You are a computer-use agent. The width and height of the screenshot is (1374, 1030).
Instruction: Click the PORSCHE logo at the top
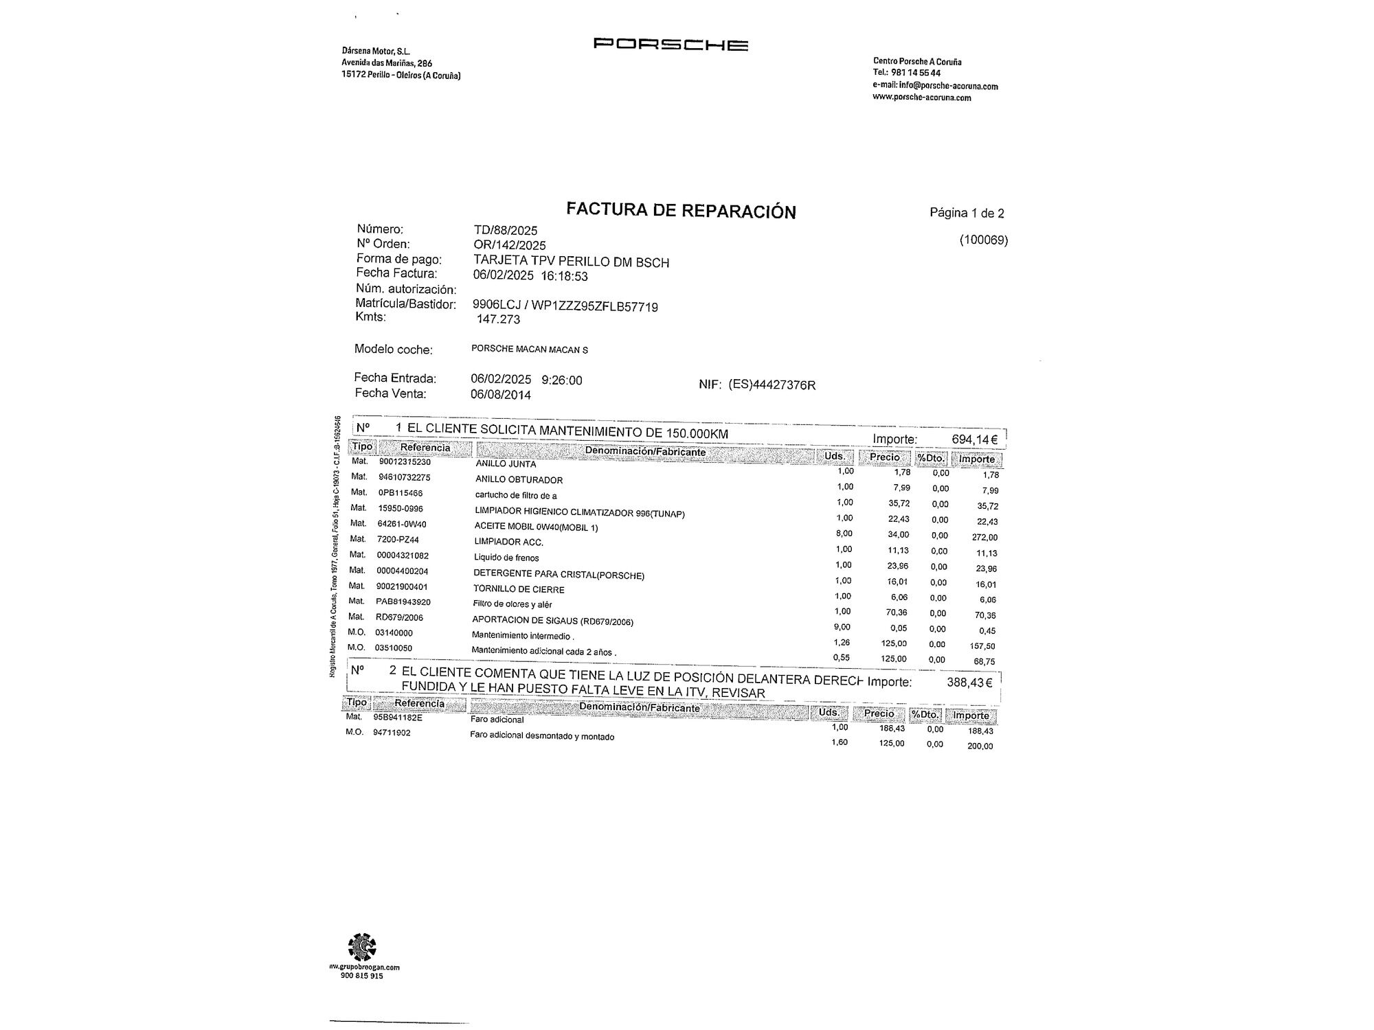coord(671,45)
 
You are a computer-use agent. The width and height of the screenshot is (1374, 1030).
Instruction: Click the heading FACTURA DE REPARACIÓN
coord(681,210)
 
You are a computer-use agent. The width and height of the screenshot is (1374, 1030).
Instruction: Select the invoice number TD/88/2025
coord(506,231)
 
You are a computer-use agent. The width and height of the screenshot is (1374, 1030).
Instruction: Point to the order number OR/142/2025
coord(510,245)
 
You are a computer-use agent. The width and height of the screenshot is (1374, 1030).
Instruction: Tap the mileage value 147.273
coord(499,319)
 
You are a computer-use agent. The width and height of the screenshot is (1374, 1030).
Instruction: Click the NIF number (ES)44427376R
coord(772,385)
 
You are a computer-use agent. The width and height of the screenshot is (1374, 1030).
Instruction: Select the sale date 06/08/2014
coord(501,395)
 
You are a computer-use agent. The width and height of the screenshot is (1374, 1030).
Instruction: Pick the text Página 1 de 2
coord(967,213)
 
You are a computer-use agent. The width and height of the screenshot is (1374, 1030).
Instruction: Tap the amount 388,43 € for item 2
coord(969,683)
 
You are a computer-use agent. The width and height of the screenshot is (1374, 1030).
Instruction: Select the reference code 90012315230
coord(405,462)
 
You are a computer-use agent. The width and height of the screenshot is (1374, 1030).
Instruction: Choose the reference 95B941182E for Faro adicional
coord(398,718)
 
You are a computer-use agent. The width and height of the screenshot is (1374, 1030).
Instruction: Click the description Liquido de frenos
coord(506,558)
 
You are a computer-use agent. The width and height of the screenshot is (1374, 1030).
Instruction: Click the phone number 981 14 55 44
coord(916,73)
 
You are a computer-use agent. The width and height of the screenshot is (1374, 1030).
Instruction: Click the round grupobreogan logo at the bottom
coord(362,948)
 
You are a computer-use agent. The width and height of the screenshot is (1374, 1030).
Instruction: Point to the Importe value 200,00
coord(980,746)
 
